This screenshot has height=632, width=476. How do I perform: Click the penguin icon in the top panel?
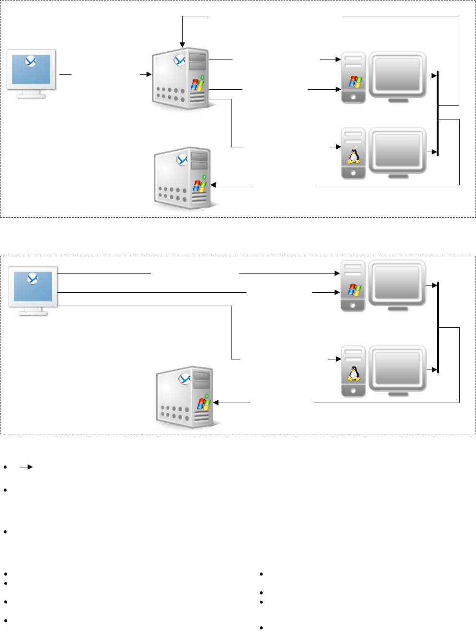point(354,156)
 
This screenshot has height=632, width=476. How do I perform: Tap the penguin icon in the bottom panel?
point(354,373)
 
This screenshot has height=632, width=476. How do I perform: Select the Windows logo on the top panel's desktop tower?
point(355,81)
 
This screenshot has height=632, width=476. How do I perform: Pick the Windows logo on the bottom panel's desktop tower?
point(354,289)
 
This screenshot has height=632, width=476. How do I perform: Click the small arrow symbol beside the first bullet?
point(26,466)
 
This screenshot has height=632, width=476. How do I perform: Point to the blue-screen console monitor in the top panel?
point(31,73)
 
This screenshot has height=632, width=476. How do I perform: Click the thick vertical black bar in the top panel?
point(438,113)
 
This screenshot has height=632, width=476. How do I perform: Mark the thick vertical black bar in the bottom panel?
point(438,327)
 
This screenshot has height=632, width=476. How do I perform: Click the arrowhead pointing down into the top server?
point(182,45)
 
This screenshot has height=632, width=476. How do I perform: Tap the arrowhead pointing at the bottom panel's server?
point(216,403)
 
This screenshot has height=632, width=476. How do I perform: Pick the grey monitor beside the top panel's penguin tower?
point(397,151)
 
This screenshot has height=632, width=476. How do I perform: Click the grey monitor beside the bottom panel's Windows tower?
point(397,284)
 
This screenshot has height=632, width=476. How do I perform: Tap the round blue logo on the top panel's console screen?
point(31,61)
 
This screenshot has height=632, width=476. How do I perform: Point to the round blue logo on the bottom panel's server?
point(185,379)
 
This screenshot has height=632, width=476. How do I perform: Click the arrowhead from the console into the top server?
point(149,74)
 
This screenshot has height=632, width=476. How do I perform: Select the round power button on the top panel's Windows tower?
point(354,96)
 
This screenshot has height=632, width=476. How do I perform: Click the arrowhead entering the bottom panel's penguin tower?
point(338,359)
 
